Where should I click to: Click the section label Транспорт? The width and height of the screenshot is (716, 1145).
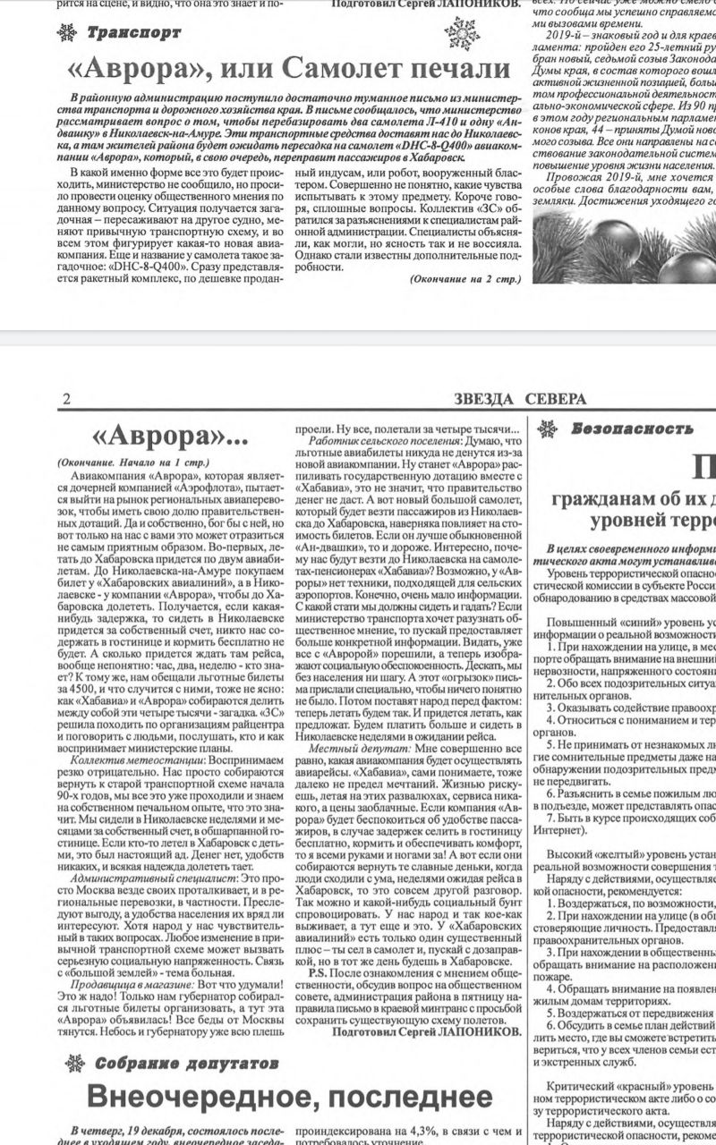coord(134,32)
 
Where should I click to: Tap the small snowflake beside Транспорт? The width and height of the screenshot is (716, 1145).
coord(66,33)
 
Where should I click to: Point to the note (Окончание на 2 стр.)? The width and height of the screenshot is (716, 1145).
coord(465,279)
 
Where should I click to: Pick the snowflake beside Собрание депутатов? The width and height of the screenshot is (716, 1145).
coord(76,1064)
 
